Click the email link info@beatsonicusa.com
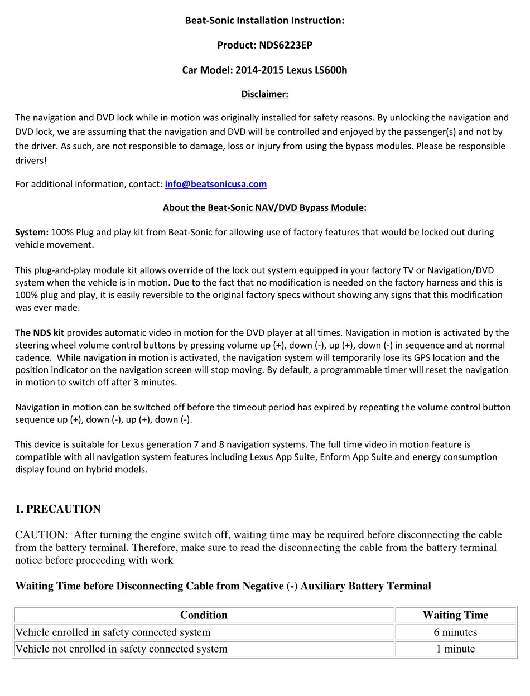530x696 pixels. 215,184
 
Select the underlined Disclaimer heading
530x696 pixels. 264,94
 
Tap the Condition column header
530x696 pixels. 204,615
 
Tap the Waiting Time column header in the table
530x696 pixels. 455,615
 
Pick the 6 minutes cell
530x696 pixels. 455,632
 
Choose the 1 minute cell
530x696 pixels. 455,649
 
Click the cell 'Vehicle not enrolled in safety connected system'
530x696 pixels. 122,649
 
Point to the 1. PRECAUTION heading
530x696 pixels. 58,509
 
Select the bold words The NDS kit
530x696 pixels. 40,333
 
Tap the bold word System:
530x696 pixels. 32,232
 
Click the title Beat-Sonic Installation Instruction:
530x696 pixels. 264,21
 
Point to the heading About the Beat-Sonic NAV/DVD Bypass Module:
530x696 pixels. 264,208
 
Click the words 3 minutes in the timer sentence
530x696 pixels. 158,382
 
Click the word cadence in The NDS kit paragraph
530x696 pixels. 33,357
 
